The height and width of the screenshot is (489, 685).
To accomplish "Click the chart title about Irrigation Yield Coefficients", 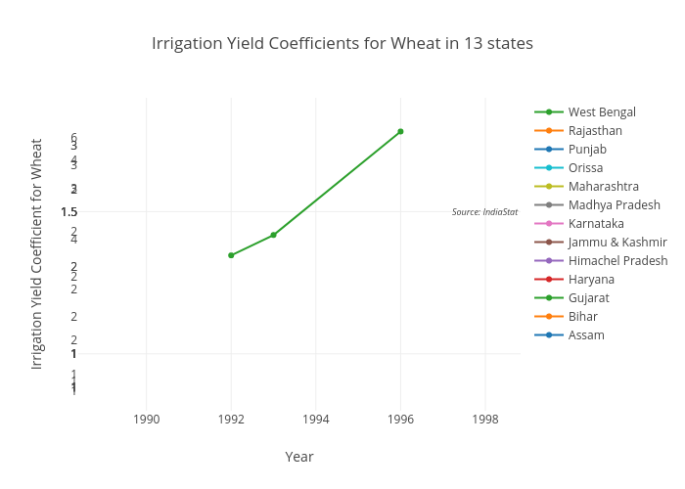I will [342, 44].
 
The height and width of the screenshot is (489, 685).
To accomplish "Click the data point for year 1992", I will [231, 255].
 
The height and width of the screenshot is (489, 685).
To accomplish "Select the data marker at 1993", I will [273, 235].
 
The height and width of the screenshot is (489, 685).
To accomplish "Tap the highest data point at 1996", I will [400, 131].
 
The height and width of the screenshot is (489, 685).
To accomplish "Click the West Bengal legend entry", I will [602, 112].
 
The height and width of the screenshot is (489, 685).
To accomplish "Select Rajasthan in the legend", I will [595, 131].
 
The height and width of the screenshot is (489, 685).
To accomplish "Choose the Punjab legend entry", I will [587, 150].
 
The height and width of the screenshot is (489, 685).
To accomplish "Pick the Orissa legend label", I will [585, 168].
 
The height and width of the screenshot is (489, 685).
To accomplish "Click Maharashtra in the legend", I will [603, 187].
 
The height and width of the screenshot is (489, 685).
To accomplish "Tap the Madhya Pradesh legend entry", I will [614, 205].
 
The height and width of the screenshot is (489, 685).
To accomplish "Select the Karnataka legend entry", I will [596, 224].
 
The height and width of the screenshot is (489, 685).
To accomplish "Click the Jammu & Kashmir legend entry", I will [617, 243].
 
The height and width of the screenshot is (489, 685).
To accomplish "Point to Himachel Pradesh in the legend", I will [617, 261].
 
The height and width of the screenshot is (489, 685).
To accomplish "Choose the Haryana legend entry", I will [591, 280].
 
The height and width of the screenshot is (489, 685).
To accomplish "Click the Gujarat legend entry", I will [589, 298].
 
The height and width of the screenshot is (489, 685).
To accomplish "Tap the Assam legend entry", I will [586, 335].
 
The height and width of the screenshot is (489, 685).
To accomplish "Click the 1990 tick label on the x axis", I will [147, 420].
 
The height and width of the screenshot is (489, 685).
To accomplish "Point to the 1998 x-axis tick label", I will [484, 420].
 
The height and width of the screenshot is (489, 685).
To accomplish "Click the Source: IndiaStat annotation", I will [484, 212].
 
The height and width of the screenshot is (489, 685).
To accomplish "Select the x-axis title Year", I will [299, 457].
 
